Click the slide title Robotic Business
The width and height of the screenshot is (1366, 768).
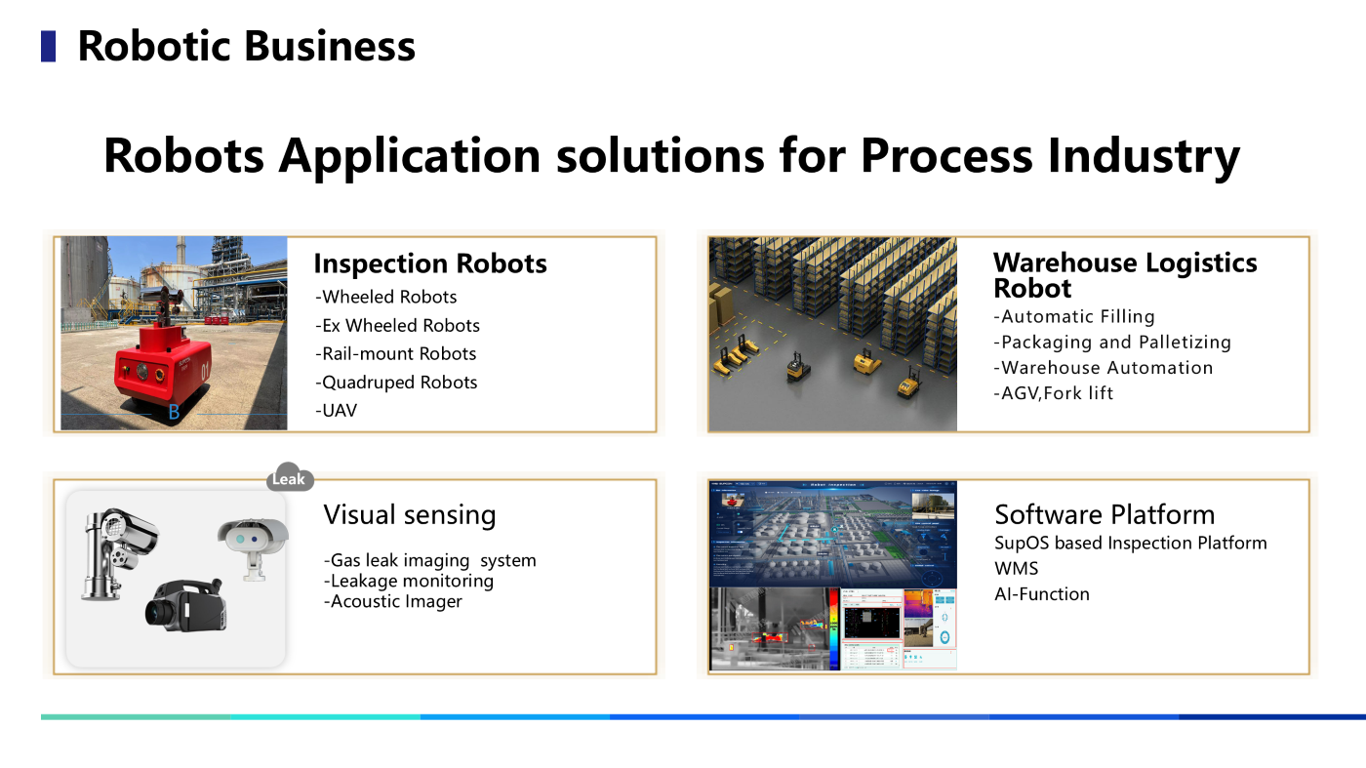246,46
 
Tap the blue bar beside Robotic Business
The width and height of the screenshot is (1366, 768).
48,46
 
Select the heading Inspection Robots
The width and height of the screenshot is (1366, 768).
429,263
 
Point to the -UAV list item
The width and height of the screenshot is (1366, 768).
336,411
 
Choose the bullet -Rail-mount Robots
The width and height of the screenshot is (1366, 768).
395,354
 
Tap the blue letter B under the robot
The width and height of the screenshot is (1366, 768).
174,413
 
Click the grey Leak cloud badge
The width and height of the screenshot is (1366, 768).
289,478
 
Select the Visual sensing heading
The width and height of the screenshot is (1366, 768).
409,515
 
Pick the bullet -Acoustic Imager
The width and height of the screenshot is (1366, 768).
392,602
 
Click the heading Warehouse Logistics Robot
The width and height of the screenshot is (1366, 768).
1124,275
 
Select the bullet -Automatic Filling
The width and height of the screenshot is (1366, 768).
1073,317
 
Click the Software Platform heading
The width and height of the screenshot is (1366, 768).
1105,515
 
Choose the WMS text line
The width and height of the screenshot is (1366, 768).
1016,569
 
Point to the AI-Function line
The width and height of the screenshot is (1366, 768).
1042,594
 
